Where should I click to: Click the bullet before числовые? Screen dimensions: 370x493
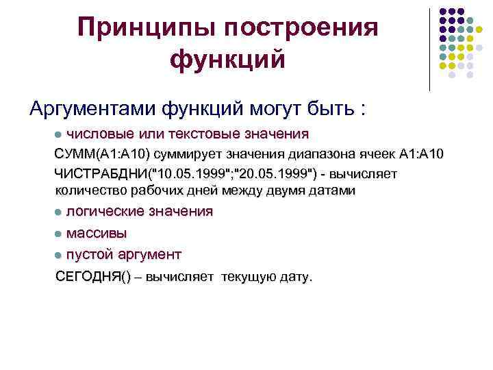point(60,133)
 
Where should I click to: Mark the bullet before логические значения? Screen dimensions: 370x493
point(60,212)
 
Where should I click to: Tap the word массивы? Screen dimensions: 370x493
point(97,233)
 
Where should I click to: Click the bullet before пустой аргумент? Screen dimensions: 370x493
point(60,255)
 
